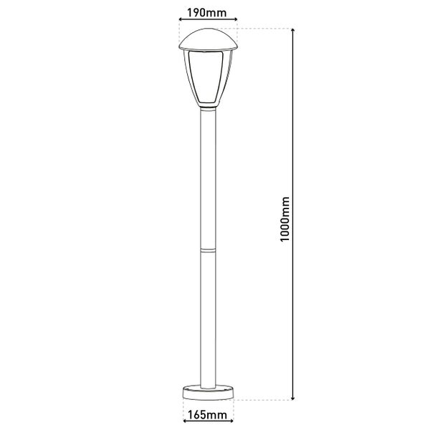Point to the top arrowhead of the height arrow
pos(293,31)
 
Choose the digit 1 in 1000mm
pos(285,242)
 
